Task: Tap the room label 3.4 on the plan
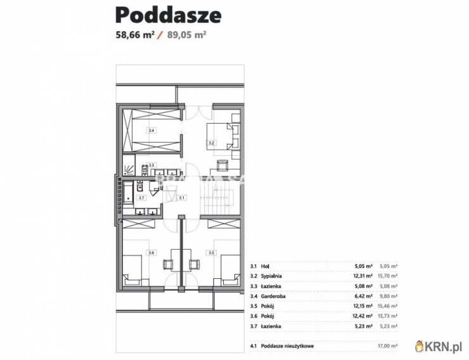tap(151, 131)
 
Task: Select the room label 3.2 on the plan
tap(212, 143)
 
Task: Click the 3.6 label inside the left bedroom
tap(151, 253)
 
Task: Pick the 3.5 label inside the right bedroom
tap(212, 253)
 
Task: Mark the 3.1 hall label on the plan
tap(181, 198)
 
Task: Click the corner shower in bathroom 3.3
tap(129, 168)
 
